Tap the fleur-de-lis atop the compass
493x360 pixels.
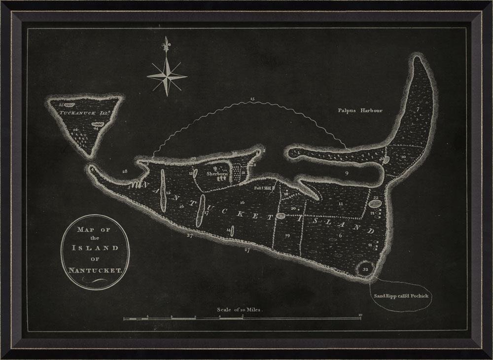coord(167,43)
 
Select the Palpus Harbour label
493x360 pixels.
coord(360,110)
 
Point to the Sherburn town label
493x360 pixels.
coord(218,174)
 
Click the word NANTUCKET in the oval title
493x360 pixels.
coord(94,270)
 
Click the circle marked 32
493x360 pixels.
coord(365,269)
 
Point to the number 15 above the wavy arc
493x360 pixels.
coord(252,100)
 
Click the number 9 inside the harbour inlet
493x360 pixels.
coord(347,173)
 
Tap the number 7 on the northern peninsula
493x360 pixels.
coord(417,109)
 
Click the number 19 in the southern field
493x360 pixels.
coord(287,235)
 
